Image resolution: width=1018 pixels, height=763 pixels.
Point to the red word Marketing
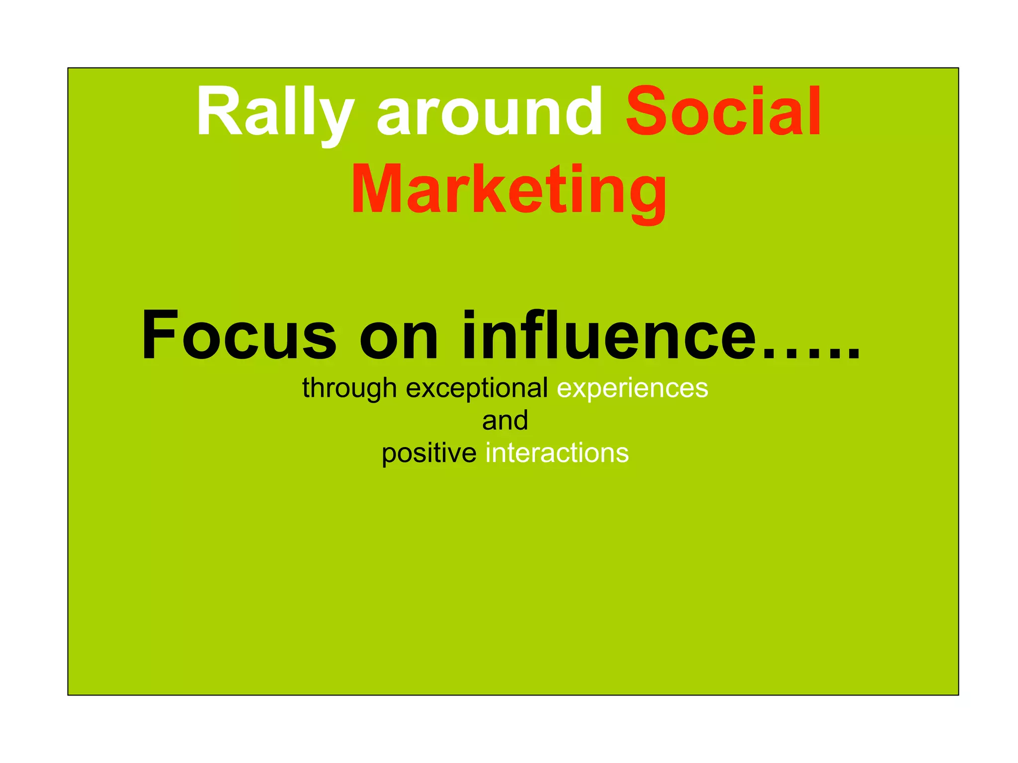(509, 191)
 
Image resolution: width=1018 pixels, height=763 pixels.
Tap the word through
(349, 388)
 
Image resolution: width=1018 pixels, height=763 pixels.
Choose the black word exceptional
(477, 388)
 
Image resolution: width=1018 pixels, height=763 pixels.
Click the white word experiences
(632, 388)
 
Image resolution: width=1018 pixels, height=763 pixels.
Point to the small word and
(505, 421)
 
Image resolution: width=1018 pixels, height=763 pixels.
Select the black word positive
(429, 454)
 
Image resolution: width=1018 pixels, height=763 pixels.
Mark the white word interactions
(557, 454)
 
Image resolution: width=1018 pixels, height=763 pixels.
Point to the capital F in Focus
(159, 335)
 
